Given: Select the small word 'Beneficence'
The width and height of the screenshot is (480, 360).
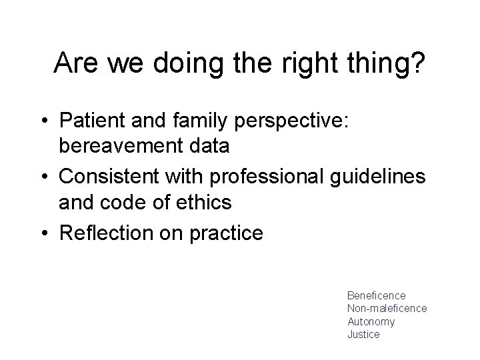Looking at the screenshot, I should click(x=376, y=295).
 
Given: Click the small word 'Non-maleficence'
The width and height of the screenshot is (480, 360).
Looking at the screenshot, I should click(x=387, y=308).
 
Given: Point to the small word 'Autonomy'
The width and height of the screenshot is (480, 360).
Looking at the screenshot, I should click(x=371, y=321).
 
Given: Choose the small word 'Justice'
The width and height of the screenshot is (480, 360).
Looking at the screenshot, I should click(x=363, y=335).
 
